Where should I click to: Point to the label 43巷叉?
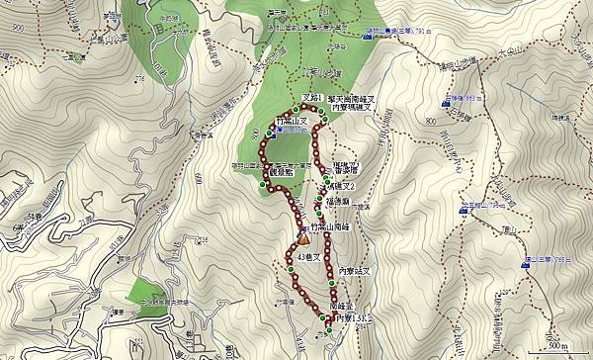(308, 257)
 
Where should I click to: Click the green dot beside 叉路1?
(297, 108)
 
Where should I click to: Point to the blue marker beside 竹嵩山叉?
(267, 131)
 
